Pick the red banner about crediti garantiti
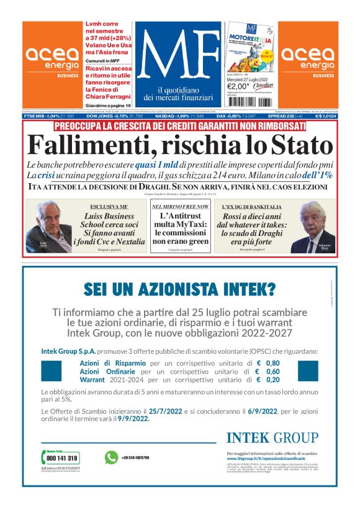[x=179, y=126]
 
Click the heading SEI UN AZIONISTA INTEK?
[x=179, y=288]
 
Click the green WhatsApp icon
[x=111, y=457]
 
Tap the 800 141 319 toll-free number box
[x=60, y=457]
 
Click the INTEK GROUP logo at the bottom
[x=272, y=438]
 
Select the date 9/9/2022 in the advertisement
[x=130, y=419]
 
